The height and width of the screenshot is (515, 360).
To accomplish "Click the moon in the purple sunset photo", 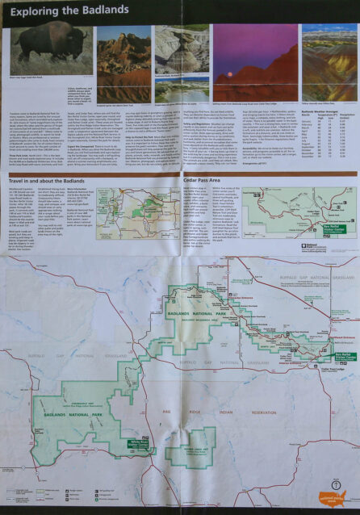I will tap(261, 47).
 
